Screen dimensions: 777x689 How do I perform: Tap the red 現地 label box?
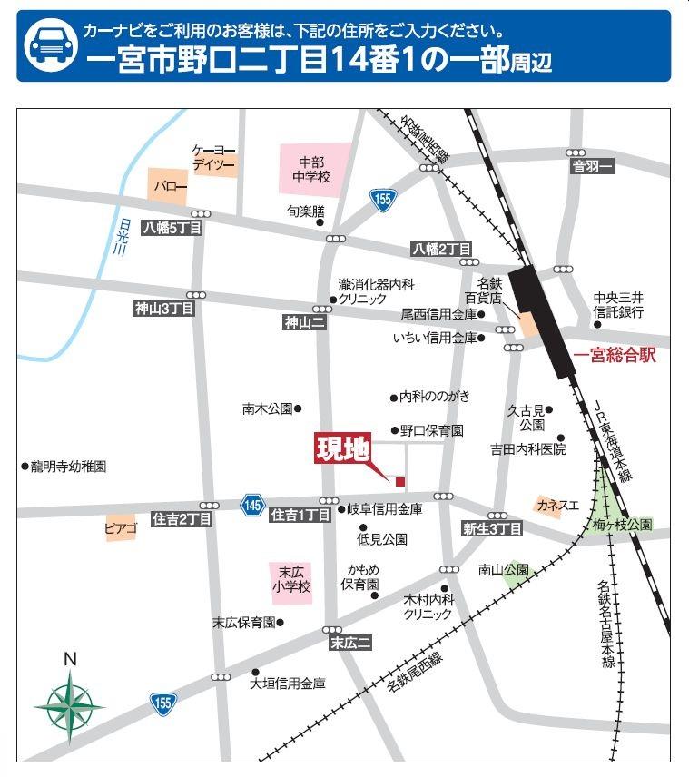pos(342,449)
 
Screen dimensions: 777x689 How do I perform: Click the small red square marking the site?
pos(399,480)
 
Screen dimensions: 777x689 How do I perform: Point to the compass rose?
pos(69,701)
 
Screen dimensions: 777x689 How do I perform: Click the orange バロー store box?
pos(169,186)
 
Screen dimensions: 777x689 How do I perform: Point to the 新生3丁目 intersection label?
pos(492,529)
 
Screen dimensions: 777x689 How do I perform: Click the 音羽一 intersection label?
pos(593,166)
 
